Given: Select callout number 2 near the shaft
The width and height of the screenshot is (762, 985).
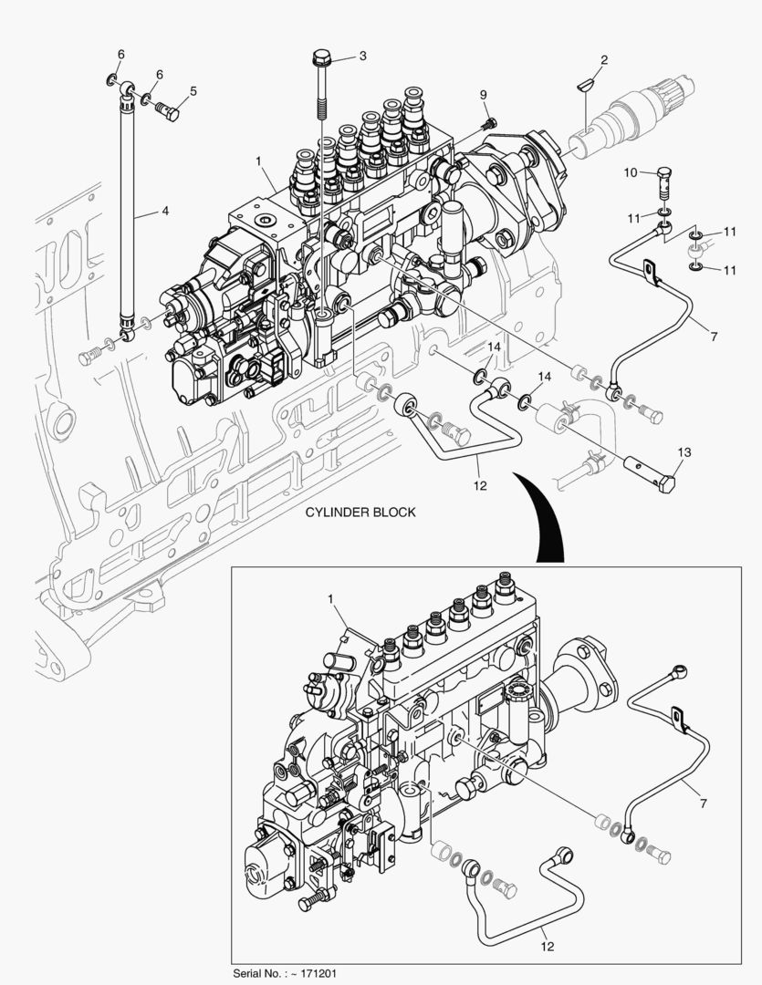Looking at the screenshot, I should [x=603, y=61].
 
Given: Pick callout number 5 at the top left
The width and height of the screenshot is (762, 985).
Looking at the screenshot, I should [x=193, y=90].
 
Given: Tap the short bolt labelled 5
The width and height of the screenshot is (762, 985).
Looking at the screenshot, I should [x=166, y=111].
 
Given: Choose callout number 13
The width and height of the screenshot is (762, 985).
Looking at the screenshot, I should [x=684, y=451].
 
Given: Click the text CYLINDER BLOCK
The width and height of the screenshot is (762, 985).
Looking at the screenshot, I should [x=360, y=512].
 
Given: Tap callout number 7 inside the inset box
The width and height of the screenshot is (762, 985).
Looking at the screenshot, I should [x=703, y=804].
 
